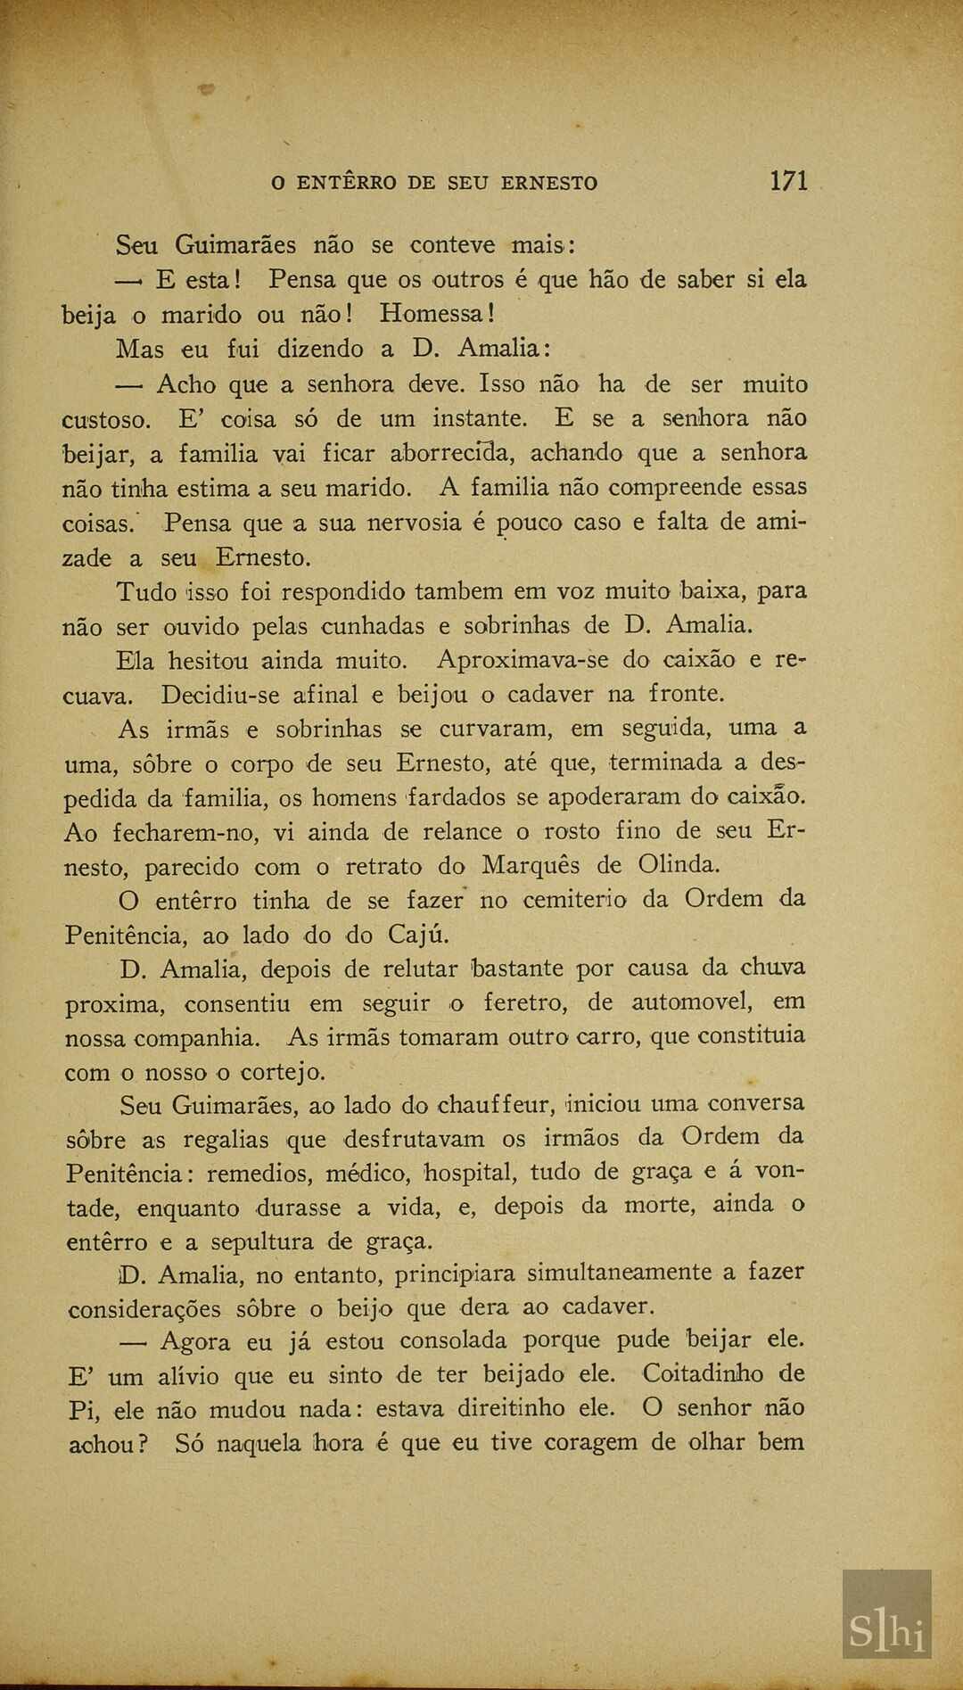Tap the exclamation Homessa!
click(437, 314)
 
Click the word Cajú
click(418, 935)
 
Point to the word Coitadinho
click(703, 1373)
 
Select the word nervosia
click(413, 523)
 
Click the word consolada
click(454, 1340)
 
